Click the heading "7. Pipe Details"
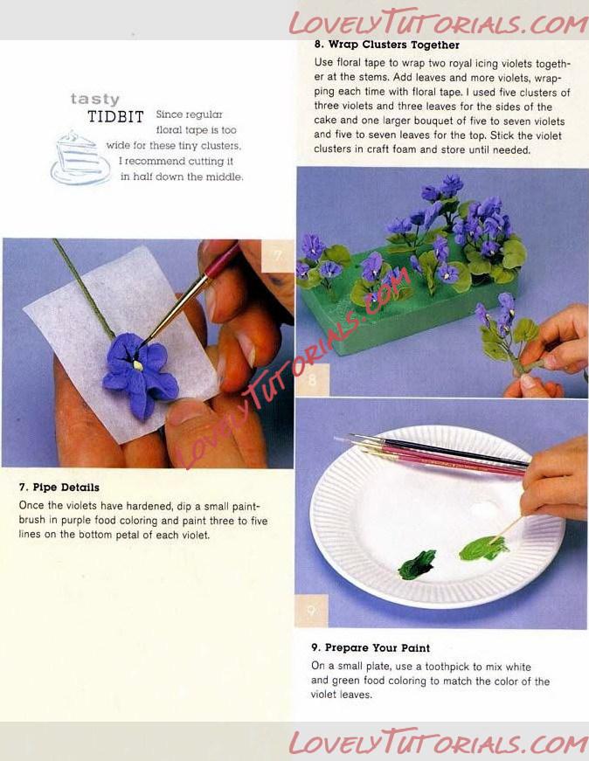coord(59,488)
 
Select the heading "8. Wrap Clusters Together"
coord(386,45)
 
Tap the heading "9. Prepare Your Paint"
coord(371,648)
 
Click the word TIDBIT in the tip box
coord(115,117)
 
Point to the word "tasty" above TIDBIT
coord(95,99)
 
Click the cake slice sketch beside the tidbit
coord(80,158)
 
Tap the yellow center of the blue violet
coord(138,365)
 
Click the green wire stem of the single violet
coord(82,287)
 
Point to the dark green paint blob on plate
coord(417,564)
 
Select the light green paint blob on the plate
coord(483,548)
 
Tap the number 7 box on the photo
coord(277,255)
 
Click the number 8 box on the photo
coord(312,380)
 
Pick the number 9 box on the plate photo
coord(312,611)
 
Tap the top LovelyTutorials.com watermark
coord(438,22)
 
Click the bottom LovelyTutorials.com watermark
coord(438,742)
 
